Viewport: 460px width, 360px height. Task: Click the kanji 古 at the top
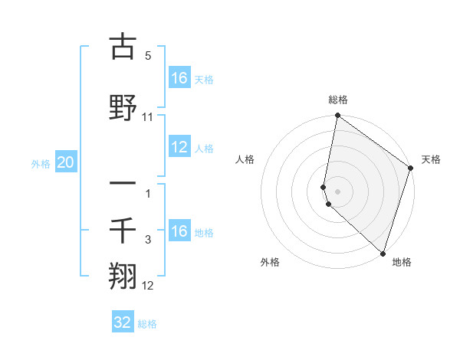(x=123, y=47)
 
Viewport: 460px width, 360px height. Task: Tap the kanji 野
(x=123, y=107)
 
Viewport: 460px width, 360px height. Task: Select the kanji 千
(x=123, y=229)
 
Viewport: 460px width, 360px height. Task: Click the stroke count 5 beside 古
(x=148, y=57)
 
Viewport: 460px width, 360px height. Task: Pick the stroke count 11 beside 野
(x=148, y=117)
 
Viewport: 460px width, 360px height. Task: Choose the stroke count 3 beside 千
(x=148, y=240)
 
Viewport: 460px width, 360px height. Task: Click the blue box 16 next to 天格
(x=179, y=77)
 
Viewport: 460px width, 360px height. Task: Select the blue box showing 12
(x=179, y=147)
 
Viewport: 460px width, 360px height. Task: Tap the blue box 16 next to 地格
(x=179, y=231)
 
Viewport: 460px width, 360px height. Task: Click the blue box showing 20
(x=66, y=162)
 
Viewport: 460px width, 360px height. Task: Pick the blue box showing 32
(x=123, y=322)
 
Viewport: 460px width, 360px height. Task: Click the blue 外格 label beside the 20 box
(x=41, y=163)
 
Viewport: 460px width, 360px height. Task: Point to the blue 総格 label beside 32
(x=147, y=324)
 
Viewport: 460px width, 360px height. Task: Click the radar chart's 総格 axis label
(x=338, y=100)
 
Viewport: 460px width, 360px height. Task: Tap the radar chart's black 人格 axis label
(x=245, y=159)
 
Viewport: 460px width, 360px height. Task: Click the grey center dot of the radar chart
(x=338, y=191)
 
